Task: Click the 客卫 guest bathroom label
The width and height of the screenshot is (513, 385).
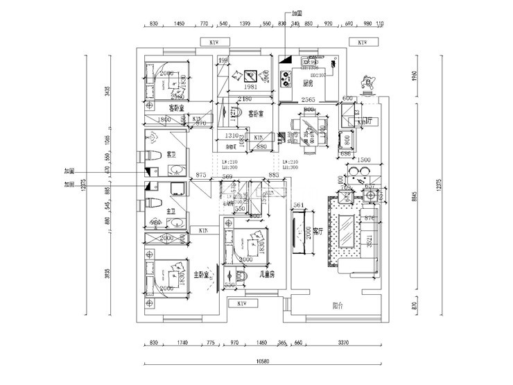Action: tap(171, 154)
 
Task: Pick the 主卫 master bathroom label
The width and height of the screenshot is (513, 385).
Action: tap(171, 200)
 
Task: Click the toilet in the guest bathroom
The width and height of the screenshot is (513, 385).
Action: tap(153, 155)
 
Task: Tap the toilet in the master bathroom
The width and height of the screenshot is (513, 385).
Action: tap(153, 203)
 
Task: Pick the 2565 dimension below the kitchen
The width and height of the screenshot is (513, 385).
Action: tap(309, 101)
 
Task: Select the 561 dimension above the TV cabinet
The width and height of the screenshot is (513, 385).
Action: tap(299, 205)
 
